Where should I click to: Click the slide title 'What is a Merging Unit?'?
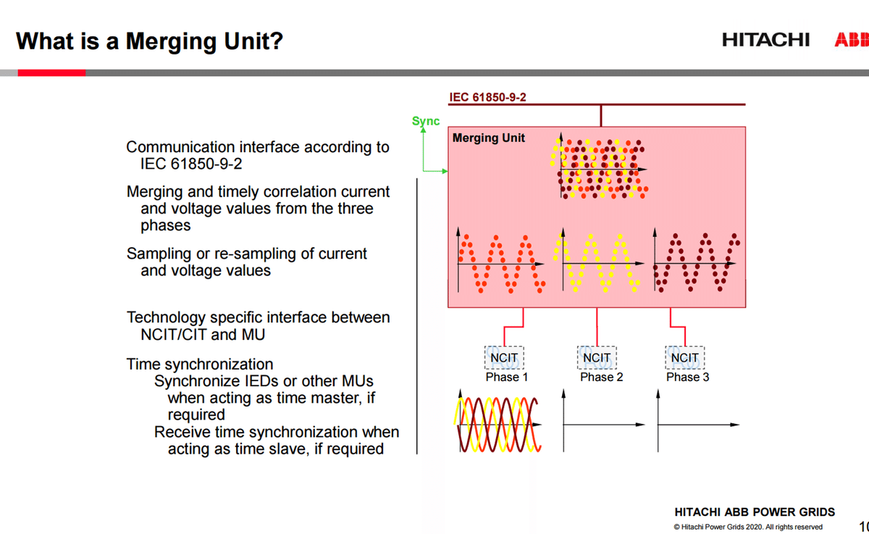pos(149,41)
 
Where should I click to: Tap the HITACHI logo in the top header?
pos(765,40)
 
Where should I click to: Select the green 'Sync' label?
pos(426,121)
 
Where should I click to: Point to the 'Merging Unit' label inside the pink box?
pos(489,138)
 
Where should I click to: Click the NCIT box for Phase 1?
pos(503,358)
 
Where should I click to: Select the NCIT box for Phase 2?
pos(597,358)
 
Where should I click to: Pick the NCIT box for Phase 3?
pos(684,358)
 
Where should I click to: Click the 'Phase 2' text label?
pos(601,377)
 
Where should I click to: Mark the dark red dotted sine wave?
pos(695,262)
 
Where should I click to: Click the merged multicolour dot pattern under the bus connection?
pos(600,169)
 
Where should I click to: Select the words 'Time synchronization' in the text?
pos(200,364)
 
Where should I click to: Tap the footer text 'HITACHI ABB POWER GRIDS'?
pos(755,512)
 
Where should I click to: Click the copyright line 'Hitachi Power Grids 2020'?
pos(747,527)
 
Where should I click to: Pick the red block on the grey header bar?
pos(51,72)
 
